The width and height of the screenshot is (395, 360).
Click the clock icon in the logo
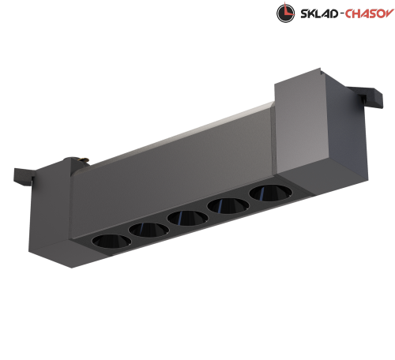[285, 13]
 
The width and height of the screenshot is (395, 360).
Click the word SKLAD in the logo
[319, 13]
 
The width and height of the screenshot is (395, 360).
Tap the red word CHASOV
[370, 13]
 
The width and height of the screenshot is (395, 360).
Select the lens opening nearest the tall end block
[270, 193]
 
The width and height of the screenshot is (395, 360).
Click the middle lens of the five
[187, 218]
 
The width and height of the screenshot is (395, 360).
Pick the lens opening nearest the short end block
[111, 241]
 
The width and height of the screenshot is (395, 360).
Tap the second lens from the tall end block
[228, 205]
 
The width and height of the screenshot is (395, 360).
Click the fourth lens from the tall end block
[149, 230]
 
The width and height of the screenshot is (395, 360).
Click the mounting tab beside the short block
[24, 177]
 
